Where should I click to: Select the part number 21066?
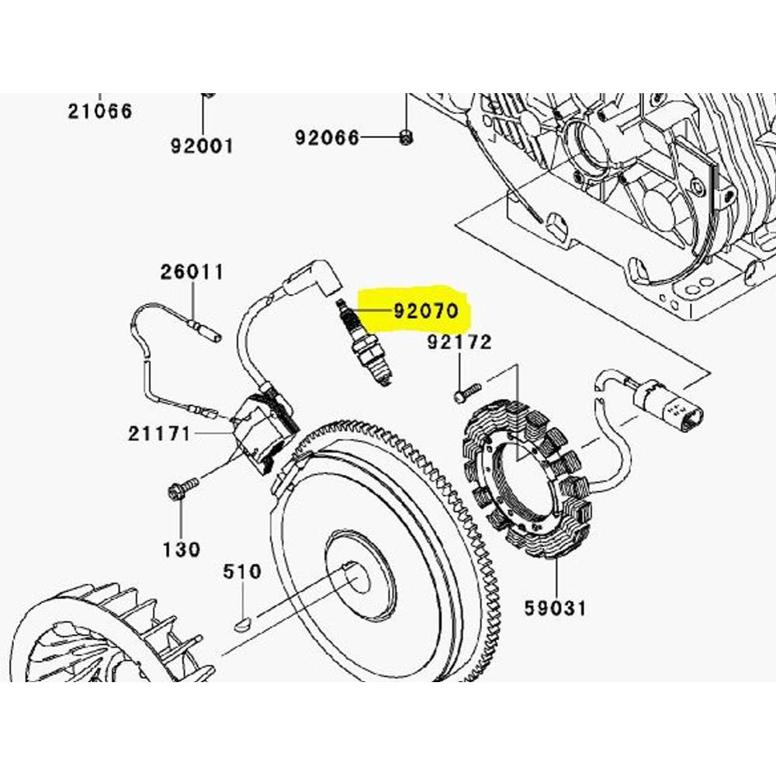(x=99, y=111)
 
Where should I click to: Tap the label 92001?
(x=202, y=145)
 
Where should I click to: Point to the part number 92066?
(x=327, y=138)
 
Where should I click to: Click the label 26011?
(x=192, y=272)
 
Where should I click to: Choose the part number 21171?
(x=159, y=434)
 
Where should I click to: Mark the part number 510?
(x=242, y=573)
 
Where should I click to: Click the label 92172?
(x=459, y=342)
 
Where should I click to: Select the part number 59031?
(x=556, y=607)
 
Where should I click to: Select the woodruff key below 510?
(x=243, y=621)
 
